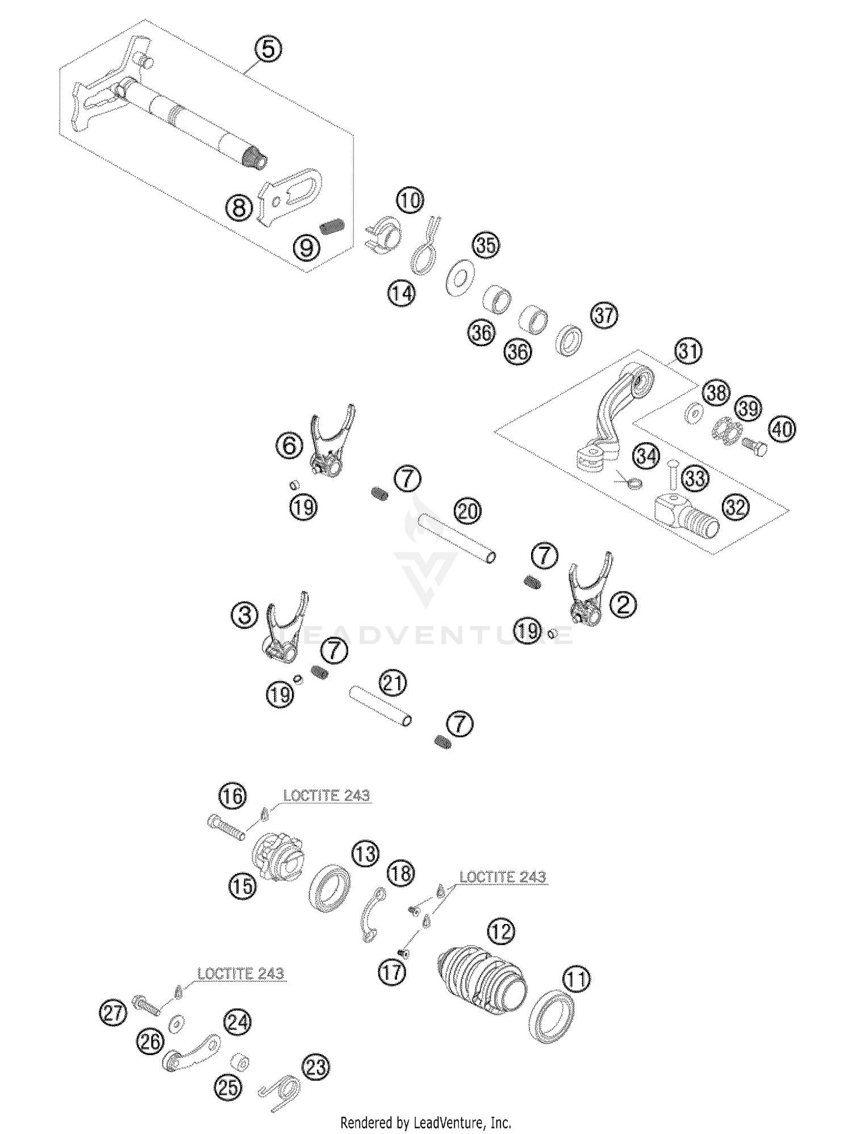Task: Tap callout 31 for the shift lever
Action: [x=688, y=351]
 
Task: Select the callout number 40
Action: [x=782, y=429]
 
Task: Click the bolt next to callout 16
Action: [x=227, y=827]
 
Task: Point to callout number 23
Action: [x=315, y=1068]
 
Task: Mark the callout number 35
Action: [x=486, y=245]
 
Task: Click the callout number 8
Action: [x=239, y=208]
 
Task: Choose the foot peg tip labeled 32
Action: [x=688, y=514]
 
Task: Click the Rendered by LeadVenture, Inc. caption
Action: [x=425, y=1122]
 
